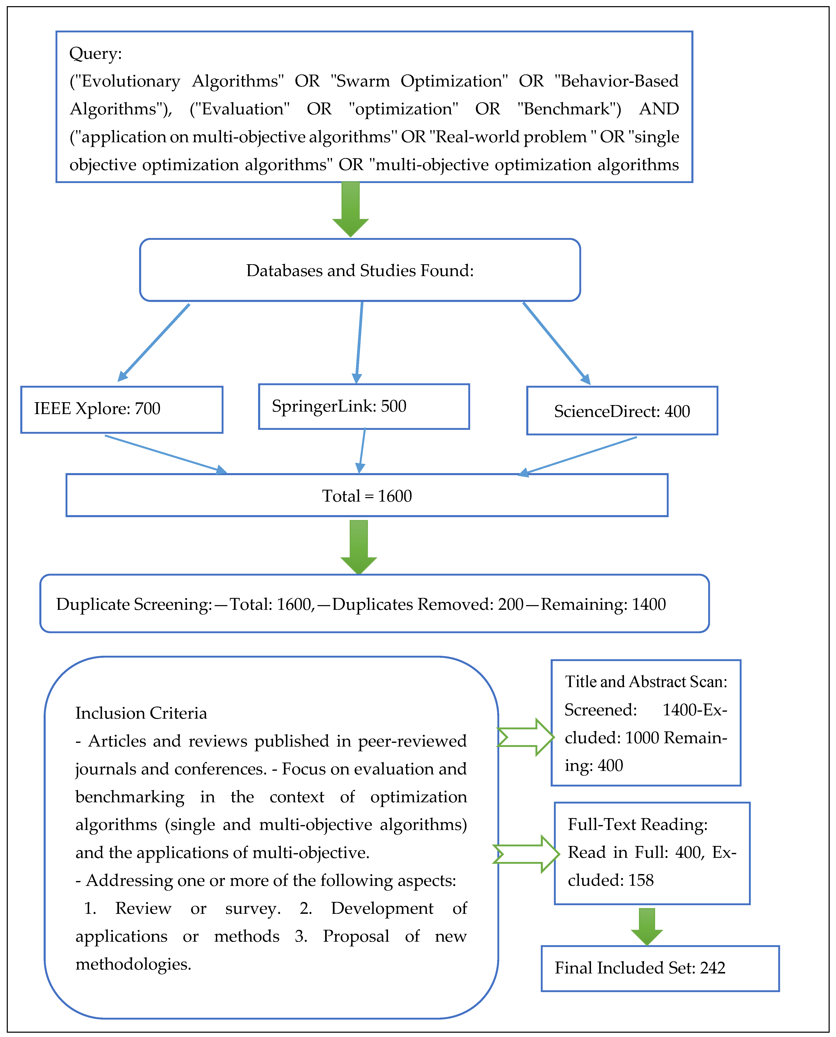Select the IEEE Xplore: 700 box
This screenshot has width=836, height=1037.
pyautogui.click(x=122, y=410)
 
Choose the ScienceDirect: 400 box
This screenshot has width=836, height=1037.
pyautogui.click(x=622, y=411)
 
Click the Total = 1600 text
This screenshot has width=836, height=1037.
pyautogui.click(x=367, y=496)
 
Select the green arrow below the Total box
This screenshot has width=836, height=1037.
pyautogui.click(x=359, y=547)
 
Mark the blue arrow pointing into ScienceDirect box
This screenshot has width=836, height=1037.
pyautogui.click(x=557, y=343)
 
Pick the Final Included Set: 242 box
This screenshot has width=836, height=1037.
pyautogui.click(x=660, y=969)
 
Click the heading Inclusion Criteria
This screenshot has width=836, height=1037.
pyautogui.click(x=141, y=713)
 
